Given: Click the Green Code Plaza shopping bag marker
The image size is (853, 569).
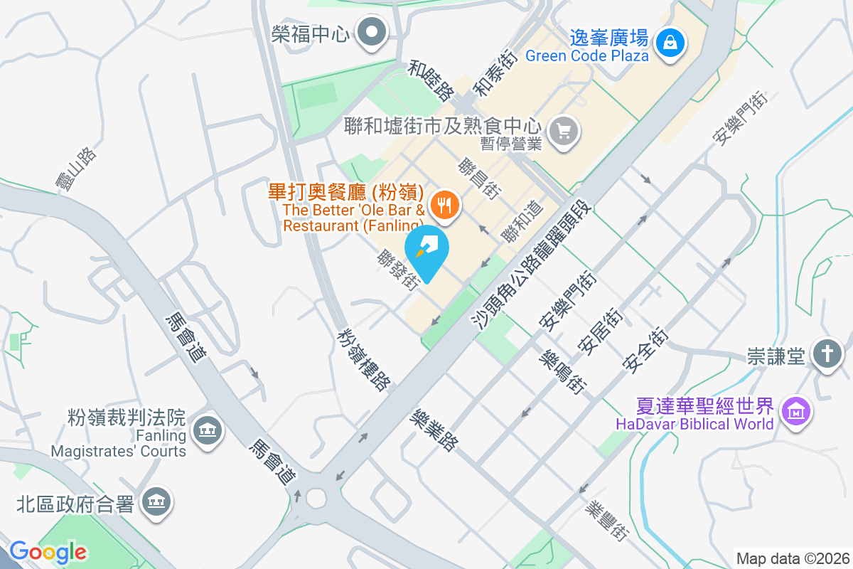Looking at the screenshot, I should tap(670, 42).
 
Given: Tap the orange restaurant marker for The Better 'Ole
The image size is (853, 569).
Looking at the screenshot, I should tap(446, 206).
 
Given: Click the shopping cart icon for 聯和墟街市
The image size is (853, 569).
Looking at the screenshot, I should tap(565, 131).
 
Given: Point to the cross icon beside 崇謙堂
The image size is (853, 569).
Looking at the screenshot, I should tap(827, 353).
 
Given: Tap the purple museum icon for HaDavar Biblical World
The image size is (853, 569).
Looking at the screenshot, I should tap(795, 410).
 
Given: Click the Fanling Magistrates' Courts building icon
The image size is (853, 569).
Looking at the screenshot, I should tap(208, 430).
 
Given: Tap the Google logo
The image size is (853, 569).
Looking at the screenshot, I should tap(48, 552).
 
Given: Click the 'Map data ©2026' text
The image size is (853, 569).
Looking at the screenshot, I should tap(792, 558).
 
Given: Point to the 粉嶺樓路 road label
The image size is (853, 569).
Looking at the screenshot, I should tap(365, 358).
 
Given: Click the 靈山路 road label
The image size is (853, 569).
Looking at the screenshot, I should tap(76, 169).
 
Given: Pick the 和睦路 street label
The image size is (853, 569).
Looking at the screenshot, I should tap(431, 80).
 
